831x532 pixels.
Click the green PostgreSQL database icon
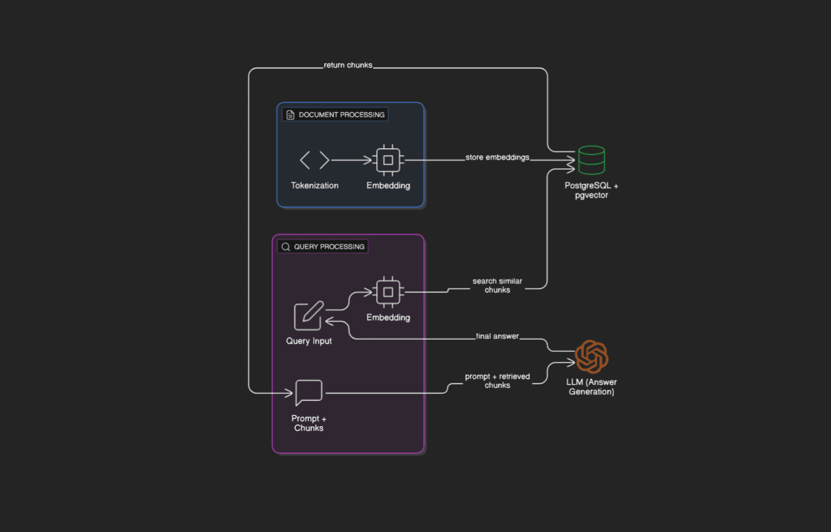591,160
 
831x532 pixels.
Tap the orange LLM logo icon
592,356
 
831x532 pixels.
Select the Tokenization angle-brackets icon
314,160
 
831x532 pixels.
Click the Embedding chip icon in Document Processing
388,160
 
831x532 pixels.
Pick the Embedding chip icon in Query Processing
388,292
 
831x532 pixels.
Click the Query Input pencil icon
309,316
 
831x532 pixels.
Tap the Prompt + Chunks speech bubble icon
309,392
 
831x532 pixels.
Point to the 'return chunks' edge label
348,65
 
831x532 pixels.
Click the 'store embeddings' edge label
497,157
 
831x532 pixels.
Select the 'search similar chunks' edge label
497,285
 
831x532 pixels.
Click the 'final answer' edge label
497,336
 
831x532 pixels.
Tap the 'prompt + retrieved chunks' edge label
497,381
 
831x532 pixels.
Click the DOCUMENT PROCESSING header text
341,115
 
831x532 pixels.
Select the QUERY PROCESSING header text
329,247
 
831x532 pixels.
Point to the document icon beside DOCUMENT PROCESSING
290,115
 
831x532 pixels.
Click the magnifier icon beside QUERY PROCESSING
286,247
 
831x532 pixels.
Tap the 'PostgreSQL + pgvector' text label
592,190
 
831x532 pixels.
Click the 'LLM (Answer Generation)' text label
592,387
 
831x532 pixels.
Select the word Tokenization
314,185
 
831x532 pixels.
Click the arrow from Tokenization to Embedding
351,160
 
